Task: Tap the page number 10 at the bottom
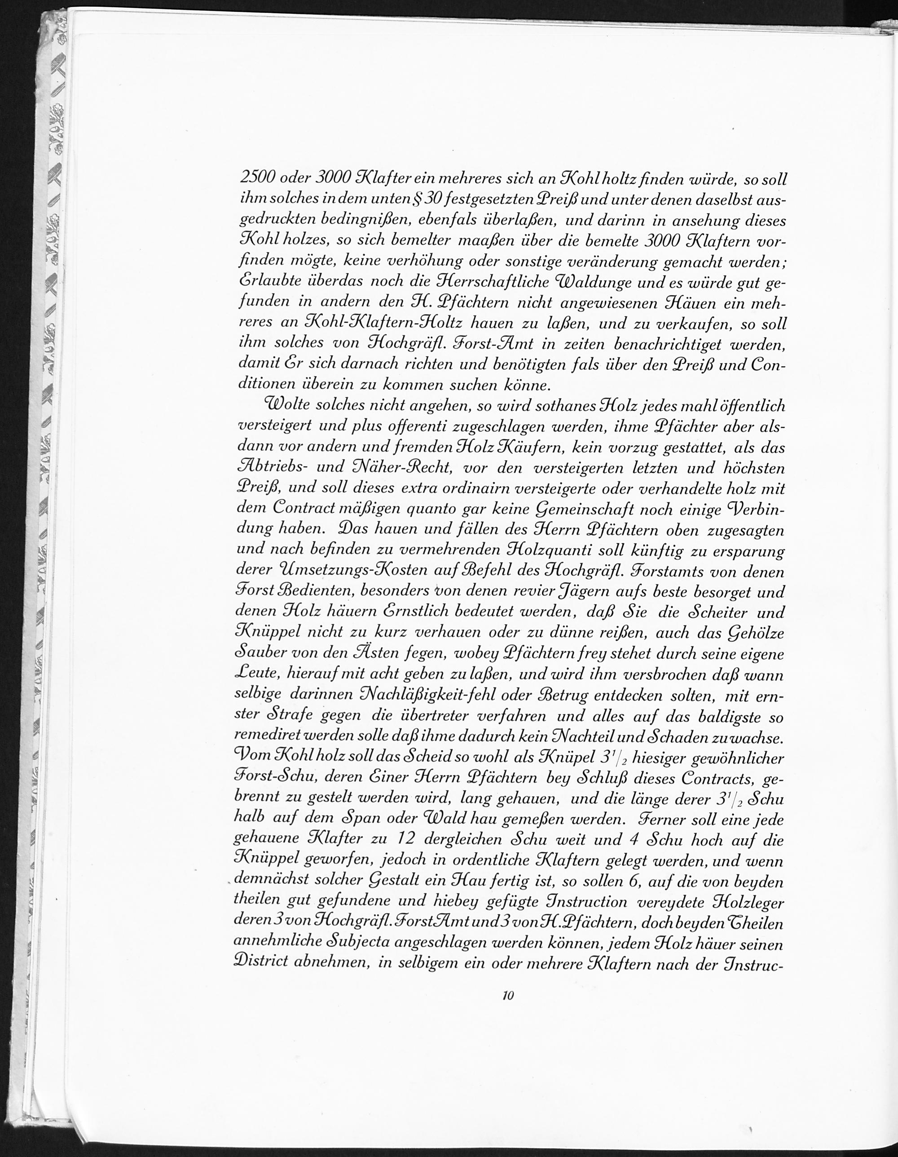pyautogui.click(x=508, y=1010)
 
